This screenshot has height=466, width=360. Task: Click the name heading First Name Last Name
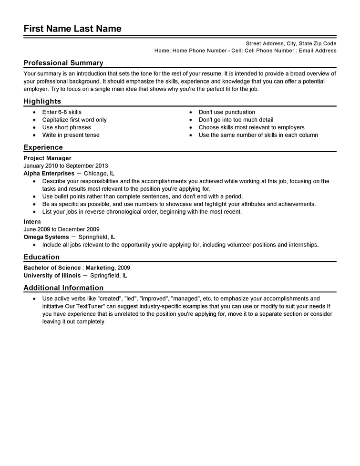click(72, 29)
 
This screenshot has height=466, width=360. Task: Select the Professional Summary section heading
click(63, 63)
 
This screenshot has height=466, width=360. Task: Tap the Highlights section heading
click(42, 101)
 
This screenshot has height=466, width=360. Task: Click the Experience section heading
click(43, 147)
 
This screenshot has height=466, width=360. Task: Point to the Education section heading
click(41, 257)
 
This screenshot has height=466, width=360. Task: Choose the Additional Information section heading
click(63, 288)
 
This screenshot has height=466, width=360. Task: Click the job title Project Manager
click(48, 158)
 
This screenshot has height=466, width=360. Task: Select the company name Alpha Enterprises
click(49, 173)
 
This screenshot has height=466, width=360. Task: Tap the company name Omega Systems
click(46, 237)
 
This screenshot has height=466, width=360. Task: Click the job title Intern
click(32, 221)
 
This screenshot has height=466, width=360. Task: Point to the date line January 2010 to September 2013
click(66, 166)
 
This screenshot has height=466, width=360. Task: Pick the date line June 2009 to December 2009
click(62, 229)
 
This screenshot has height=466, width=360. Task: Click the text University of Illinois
click(51, 275)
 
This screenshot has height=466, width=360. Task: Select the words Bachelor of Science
click(52, 268)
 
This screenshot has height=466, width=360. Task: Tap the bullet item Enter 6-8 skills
click(62, 112)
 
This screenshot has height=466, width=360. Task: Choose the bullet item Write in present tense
click(71, 135)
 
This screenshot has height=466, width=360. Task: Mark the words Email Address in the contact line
click(318, 51)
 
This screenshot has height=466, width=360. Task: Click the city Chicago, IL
click(99, 173)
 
